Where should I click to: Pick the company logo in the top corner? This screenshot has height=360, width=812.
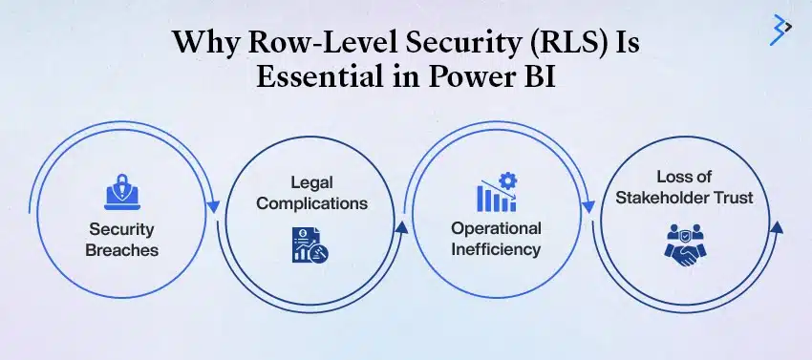(780, 30)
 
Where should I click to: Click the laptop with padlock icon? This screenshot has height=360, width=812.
(122, 192)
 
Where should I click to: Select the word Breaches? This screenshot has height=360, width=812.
(121, 250)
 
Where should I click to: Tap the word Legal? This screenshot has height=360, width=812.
(311, 182)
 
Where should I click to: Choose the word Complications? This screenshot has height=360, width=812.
(311, 203)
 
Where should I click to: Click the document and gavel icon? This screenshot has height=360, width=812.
(310, 244)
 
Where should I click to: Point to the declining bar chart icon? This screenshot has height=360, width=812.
(497, 197)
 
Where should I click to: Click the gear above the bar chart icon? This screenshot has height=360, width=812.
(508, 180)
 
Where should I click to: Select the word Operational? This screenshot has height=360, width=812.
(496, 228)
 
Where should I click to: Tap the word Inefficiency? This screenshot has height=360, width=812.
(496, 249)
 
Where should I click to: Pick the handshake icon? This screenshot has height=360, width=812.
(685, 245)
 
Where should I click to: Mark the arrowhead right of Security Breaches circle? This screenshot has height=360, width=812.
(213, 207)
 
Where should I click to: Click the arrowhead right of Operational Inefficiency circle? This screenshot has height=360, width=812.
(588, 207)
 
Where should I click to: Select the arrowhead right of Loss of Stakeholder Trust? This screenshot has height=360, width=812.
(776, 227)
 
